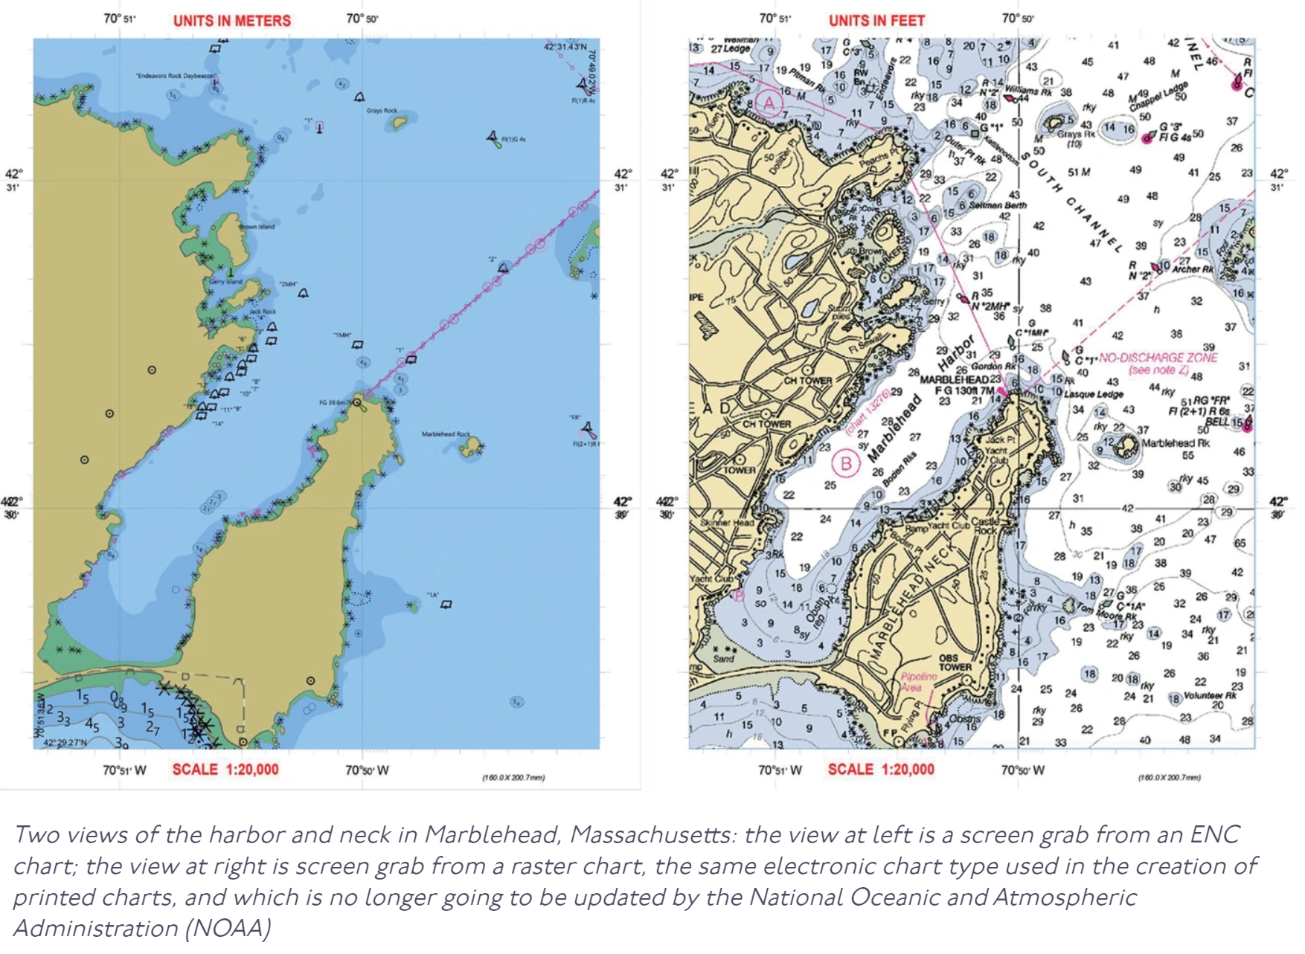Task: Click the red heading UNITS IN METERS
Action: [x=232, y=21]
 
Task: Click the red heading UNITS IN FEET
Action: [x=876, y=21]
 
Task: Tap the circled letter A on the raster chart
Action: [x=769, y=103]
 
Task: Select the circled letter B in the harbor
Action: [x=846, y=464]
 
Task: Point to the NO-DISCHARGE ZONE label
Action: [x=1158, y=358]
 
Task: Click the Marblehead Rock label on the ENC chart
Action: [x=446, y=434]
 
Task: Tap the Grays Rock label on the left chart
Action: [x=382, y=111]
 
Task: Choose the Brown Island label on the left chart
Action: [x=257, y=226]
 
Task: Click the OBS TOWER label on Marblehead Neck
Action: [x=955, y=663]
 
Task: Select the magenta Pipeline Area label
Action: [x=919, y=682]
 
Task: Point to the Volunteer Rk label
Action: [x=1210, y=696]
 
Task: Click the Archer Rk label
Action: [x=1193, y=269]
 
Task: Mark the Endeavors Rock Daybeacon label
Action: [x=176, y=76]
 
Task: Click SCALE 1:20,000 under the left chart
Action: [x=225, y=770]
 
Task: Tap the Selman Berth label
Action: [x=998, y=205]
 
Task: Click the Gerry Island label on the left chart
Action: [x=225, y=282]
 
